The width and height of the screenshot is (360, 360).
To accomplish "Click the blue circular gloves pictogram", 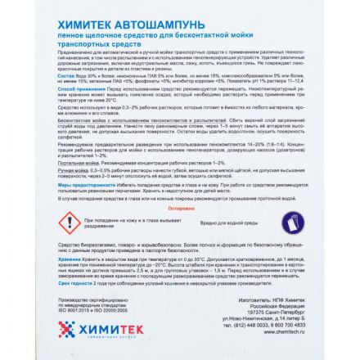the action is point(293,221).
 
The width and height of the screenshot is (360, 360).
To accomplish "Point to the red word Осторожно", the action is point(180,208).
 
